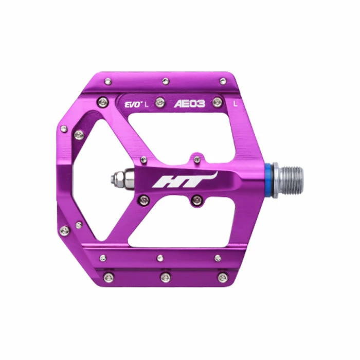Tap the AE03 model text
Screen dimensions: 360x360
189,104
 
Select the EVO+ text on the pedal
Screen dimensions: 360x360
133,104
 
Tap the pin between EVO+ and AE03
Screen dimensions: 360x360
160,102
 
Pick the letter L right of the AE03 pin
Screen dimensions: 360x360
235,104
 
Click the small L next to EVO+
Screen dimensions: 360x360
146,105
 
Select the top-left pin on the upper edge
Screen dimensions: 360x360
108,81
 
